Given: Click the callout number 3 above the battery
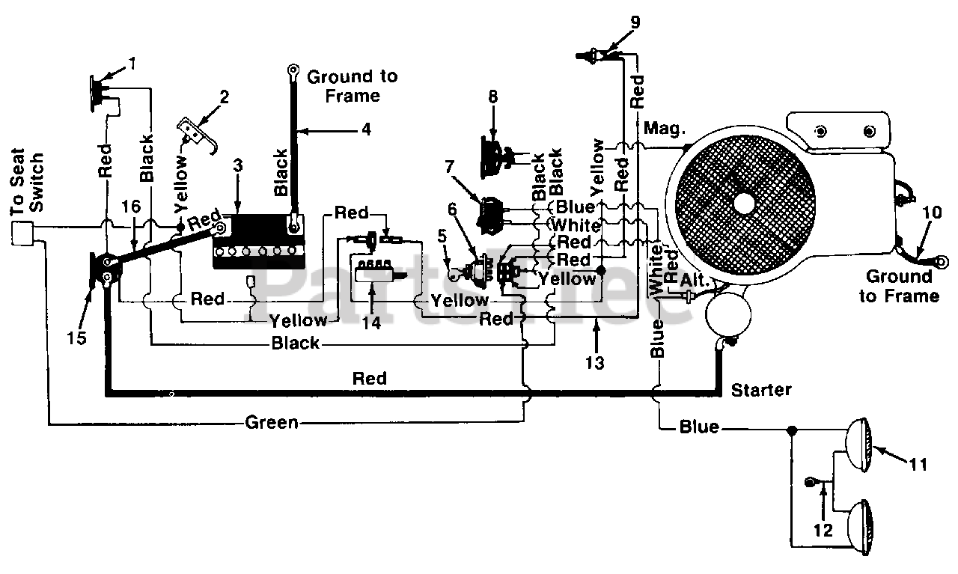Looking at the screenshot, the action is [238, 165].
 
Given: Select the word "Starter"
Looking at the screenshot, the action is [761, 390].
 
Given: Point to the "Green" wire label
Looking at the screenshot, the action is [272, 423].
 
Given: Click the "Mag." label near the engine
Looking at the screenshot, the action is [664, 128].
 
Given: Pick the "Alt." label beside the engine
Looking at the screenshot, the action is [695, 280].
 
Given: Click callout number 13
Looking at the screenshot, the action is [595, 363].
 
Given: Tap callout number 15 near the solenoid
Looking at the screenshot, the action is [76, 338].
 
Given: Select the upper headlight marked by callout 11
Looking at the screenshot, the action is [858, 445].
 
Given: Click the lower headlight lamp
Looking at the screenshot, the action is [860, 528].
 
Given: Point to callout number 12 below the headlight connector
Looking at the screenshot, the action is [823, 530].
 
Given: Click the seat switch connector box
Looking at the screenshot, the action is [22, 233].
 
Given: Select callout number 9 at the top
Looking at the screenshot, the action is [635, 22].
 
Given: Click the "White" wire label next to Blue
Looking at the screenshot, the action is [576, 225].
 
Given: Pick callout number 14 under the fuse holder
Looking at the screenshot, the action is [372, 323].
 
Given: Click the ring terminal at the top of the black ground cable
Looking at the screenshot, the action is [293, 70].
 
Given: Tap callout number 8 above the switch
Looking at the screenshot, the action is [493, 97].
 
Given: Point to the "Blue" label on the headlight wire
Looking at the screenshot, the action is [699, 427].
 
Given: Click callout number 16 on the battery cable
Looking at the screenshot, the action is [131, 207].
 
